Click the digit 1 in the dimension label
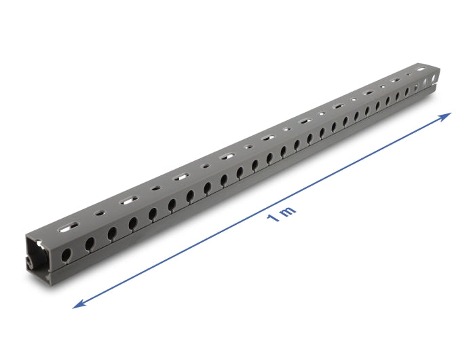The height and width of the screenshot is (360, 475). click(x=272, y=219)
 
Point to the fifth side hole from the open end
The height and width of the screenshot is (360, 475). click(x=153, y=213)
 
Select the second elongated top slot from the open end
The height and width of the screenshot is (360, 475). click(x=127, y=200)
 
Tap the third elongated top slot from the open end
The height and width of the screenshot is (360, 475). click(x=180, y=177)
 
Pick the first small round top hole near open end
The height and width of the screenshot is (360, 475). click(x=99, y=213)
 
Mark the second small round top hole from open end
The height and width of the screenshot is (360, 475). click(x=156, y=188)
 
